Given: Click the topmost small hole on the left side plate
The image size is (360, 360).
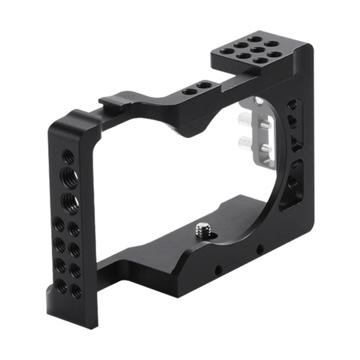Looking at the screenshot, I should [x=68, y=157].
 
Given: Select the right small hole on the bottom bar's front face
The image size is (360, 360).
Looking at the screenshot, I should [x=259, y=248].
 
